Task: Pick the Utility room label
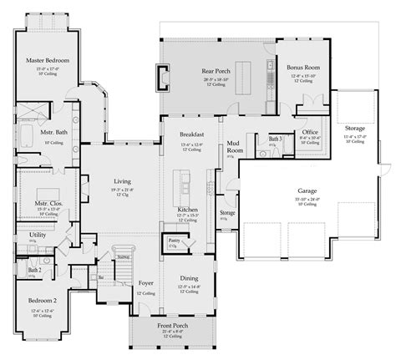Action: click(38, 236)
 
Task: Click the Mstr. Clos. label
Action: click(44, 202)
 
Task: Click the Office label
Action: click(310, 132)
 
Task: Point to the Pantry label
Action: click(171, 240)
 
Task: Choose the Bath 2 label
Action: click(34, 270)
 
